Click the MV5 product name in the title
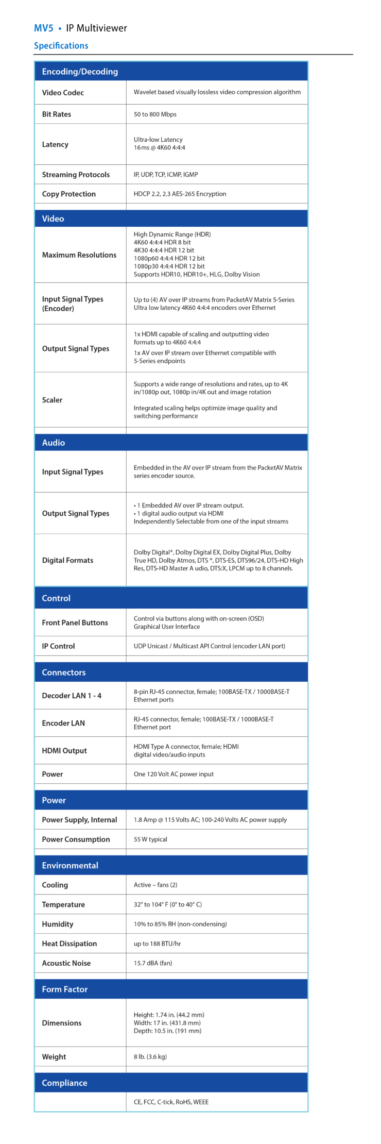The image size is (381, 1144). pos(44,28)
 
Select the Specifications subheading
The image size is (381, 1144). pos(61,46)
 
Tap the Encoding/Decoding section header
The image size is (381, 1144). pos(80,72)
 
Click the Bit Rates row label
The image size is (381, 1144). pos(57,114)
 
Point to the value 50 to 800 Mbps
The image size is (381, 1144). pos(155,114)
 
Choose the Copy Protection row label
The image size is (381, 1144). pos(68,194)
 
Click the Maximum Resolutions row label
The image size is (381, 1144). pos(79,255)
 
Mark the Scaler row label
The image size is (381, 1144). pos(52,400)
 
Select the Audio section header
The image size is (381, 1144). pos(54,443)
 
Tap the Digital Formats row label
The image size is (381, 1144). pos(67,560)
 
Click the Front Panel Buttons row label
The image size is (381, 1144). pos(75,623)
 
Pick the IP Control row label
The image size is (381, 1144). pos(58,646)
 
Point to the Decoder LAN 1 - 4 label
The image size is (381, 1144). pos(72,696)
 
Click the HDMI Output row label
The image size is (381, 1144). pos(64,751)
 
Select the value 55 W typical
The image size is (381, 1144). pos(150,839)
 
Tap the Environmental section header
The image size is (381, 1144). pos(70,866)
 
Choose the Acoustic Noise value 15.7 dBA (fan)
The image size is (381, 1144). pos(153,963)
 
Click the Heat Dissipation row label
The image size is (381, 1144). pos(69,944)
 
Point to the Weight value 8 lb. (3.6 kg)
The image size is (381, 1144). pos(150,1057)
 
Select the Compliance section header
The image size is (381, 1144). pos(64,1083)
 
